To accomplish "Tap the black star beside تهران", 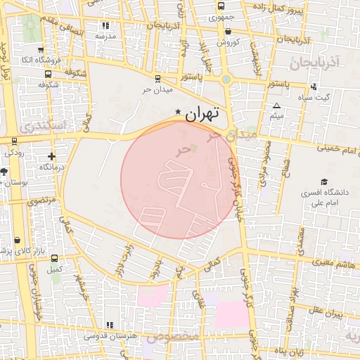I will tap(178, 112).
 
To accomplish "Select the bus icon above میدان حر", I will tap(156, 79).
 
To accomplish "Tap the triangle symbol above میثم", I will tap(276, 105).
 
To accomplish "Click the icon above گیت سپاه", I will tap(312, 87).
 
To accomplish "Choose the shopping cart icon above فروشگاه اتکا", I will tap(40, 50).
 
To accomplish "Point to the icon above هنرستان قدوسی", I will tap(109, 325).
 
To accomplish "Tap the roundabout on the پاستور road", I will tap(226, 79).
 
